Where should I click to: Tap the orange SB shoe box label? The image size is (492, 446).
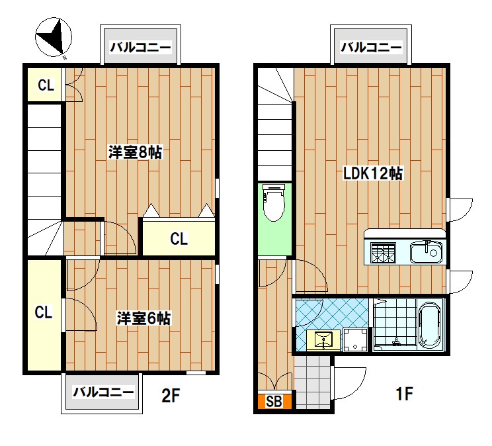(x=273, y=402)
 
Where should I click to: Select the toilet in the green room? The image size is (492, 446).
(x=274, y=204)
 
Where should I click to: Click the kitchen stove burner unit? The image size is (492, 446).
(x=384, y=253)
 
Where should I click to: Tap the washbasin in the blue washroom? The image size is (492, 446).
(x=323, y=340)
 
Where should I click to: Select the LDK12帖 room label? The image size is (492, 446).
(x=372, y=174)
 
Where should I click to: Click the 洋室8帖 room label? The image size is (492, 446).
(x=136, y=152)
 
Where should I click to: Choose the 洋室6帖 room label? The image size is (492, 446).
(x=143, y=318)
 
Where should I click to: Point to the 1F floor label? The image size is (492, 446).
(x=404, y=395)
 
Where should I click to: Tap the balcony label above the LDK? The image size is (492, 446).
(x=371, y=48)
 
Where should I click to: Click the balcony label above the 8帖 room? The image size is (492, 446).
(x=140, y=48)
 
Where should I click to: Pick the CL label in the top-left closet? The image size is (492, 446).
(x=44, y=85)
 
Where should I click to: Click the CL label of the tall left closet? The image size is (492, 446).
(x=44, y=312)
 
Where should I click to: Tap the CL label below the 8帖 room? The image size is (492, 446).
(x=179, y=239)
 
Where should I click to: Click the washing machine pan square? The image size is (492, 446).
(x=356, y=340)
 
